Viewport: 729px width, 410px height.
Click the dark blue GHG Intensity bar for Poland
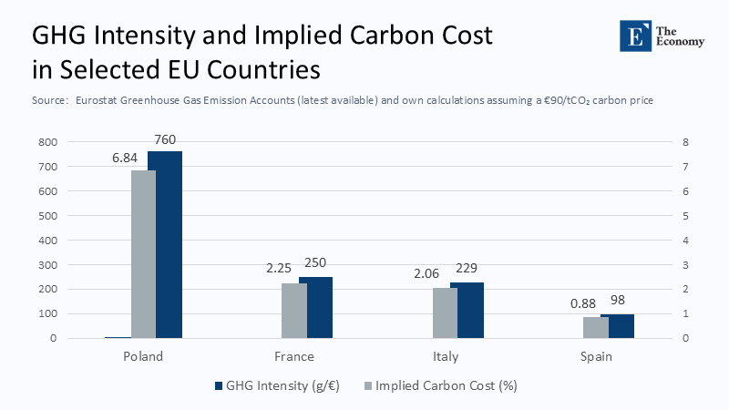tap(165, 244)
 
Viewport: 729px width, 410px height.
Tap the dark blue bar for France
tap(315, 307)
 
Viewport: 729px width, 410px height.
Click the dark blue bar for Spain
tap(617, 325)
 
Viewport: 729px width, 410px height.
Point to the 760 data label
tap(164, 139)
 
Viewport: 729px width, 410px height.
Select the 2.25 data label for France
tap(278, 269)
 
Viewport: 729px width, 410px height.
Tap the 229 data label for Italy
tap(466, 268)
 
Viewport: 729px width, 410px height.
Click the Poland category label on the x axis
tap(143, 356)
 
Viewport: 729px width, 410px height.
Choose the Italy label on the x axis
tap(446, 356)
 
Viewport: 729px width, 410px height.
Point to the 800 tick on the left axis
tap(46, 142)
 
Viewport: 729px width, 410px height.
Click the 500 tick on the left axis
tap(46, 216)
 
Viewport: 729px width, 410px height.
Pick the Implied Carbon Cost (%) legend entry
tap(440, 385)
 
